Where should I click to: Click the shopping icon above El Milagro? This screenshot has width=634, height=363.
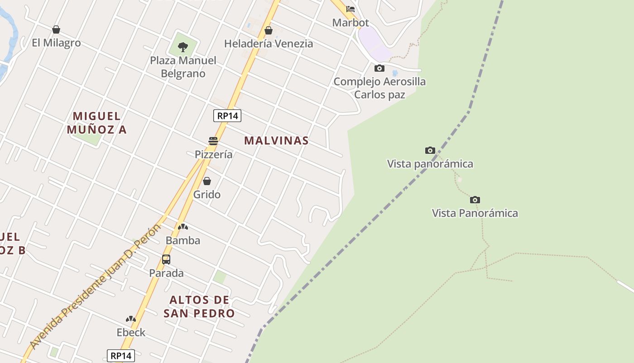click(56, 30)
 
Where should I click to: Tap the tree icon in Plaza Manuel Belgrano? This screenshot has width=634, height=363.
click(183, 46)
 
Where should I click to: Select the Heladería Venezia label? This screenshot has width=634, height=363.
click(269, 44)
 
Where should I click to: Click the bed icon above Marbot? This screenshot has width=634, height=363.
click(351, 9)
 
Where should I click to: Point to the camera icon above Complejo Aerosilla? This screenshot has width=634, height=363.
click(379, 69)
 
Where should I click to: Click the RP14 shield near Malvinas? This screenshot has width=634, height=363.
click(227, 116)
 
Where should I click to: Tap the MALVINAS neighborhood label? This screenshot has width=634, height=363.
click(276, 141)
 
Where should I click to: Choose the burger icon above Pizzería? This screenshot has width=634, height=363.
click(213, 141)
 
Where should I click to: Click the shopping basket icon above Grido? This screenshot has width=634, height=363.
click(207, 181)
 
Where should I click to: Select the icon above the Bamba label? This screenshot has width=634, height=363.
click(183, 227)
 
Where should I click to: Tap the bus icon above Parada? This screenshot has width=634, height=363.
click(166, 260)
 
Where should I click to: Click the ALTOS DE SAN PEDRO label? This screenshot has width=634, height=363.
click(199, 307)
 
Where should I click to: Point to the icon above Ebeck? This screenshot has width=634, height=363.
click(131, 319)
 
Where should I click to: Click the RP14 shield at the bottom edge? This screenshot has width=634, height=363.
click(121, 356)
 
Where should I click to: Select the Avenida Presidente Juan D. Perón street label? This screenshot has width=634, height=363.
click(96, 286)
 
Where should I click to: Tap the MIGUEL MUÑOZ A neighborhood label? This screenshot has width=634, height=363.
click(97, 123)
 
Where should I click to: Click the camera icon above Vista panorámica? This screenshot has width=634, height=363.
click(430, 151)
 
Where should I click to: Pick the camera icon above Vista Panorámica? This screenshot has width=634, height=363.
click(475, 200)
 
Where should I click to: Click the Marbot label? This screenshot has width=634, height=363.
click(351, 23)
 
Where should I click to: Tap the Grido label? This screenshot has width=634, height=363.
click(207, 195)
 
